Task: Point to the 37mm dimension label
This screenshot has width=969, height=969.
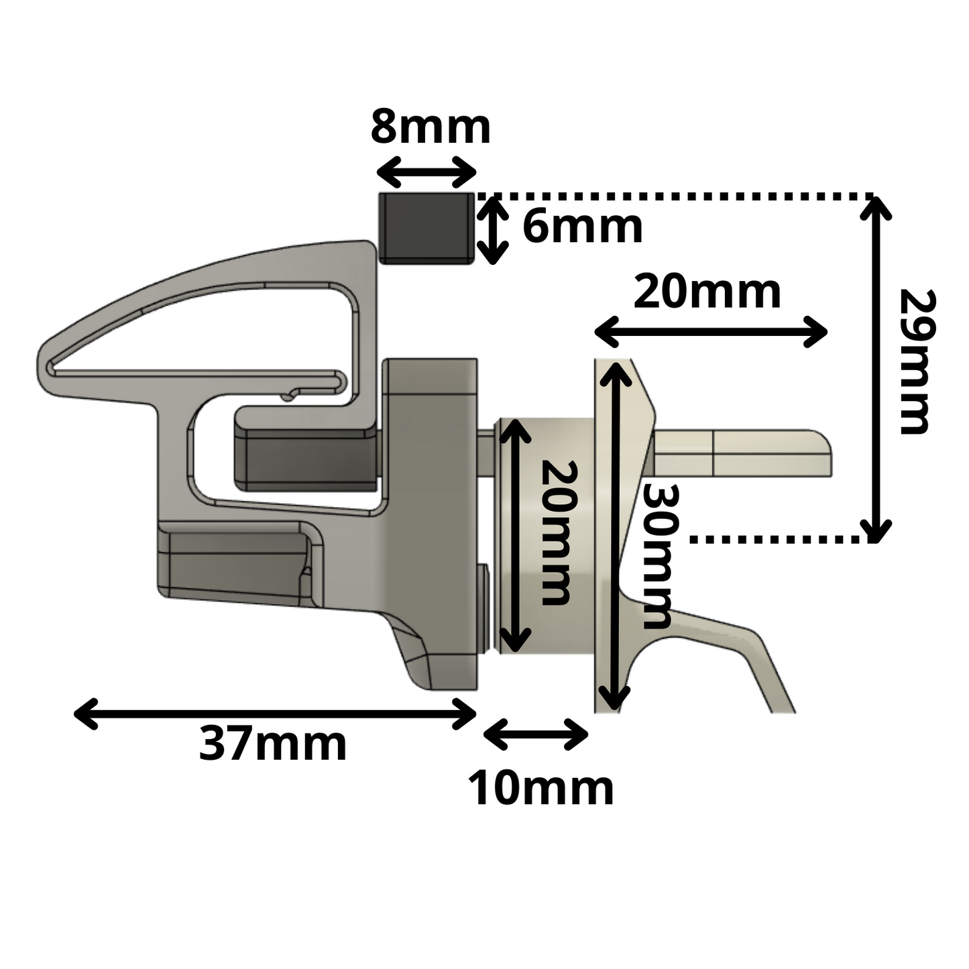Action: [x=273, y=744]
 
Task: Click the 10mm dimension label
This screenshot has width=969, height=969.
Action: [x=540, y=789]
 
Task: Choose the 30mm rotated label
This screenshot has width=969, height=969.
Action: [x=657, y=557]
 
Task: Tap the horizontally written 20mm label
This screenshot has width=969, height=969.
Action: [x=707, y=292]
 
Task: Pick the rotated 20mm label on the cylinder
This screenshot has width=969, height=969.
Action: [x=555, y=532]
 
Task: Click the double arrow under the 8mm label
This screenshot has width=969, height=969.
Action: [x=426, y=172]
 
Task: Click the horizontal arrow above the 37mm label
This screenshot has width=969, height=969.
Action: [x=275, y=713]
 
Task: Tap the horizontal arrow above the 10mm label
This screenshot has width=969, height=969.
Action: [x=536, y=735]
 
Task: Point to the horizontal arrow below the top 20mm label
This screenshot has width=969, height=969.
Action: [x=711, y=331]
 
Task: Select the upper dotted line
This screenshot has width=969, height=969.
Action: [x=671, y=196]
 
